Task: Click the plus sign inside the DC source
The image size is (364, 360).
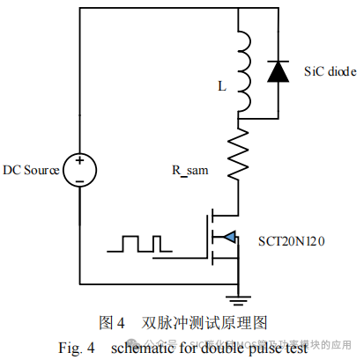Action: click(79, 161)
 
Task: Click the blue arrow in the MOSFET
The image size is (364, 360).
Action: click(227, 236)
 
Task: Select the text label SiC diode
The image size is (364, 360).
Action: click(330, 70)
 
